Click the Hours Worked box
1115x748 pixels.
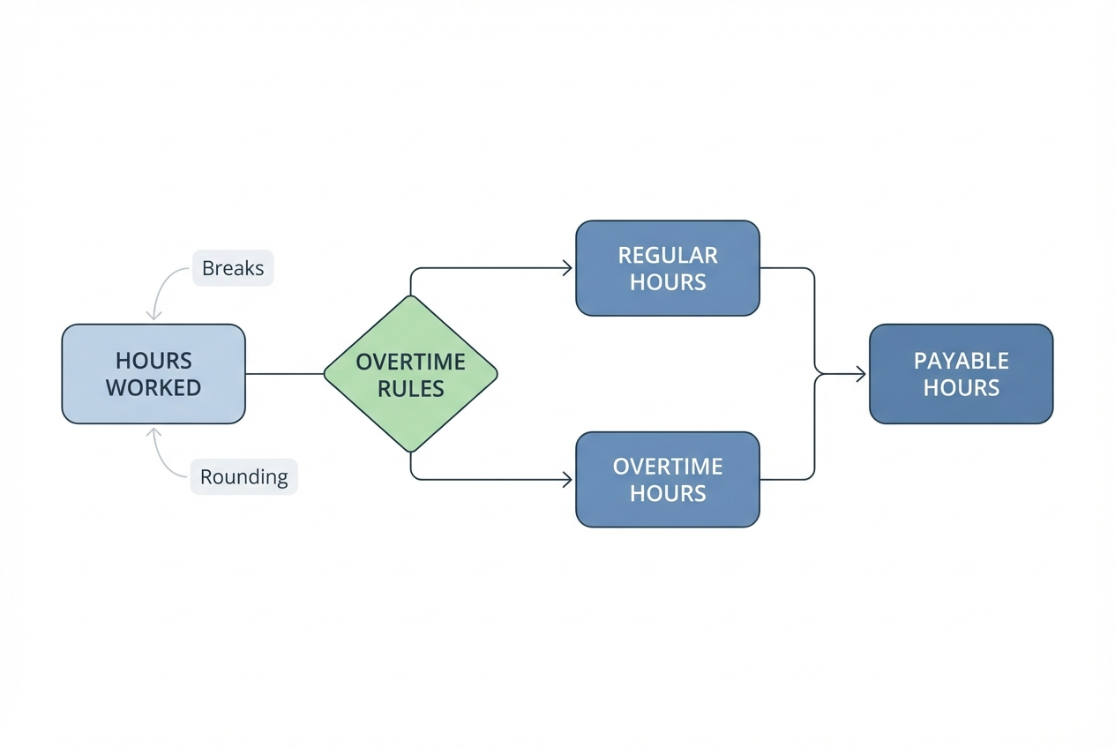(x=153, y=373)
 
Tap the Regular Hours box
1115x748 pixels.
(x=667, y=268)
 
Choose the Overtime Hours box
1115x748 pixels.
(x=667, y=479)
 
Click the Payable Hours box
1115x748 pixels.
(x=961, y=373)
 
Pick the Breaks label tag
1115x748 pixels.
(x=233, y=268)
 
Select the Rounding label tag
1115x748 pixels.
(x=244, y=477)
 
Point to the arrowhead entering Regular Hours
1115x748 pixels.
(x=568, y=268)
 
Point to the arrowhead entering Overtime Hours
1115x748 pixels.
(x=568, y=479)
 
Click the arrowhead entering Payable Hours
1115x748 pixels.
(x=860, y=375)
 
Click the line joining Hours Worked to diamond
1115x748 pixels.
(x=284, y=374)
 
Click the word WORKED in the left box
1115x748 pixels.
(x=153, y=387)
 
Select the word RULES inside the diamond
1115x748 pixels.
(x=411, y=389)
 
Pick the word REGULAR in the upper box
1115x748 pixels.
(x=668, y=256)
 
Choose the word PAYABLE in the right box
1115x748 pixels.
(x=961, y=361)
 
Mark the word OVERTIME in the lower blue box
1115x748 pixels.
(x=668, y=466)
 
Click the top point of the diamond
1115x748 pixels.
(x=410, y=297)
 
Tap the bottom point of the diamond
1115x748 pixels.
(x=410, y=451)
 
